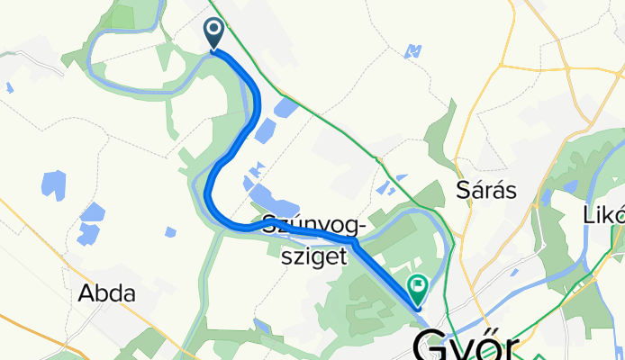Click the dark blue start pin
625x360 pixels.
click(x=214, y=33)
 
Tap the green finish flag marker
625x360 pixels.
click(x=419, y=289)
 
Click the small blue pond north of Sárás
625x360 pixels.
click(x=413, y=50)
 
